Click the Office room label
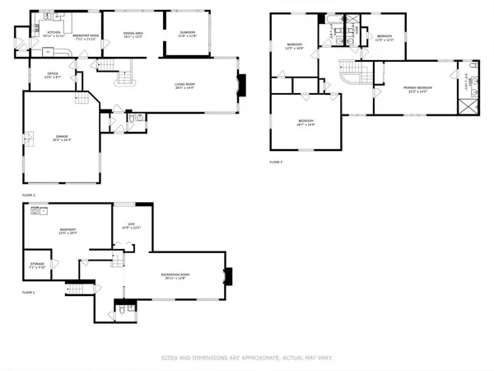[51, 75]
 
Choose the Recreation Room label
[175, 276]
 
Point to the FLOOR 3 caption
[276, 162]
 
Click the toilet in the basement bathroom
[121, 309]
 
